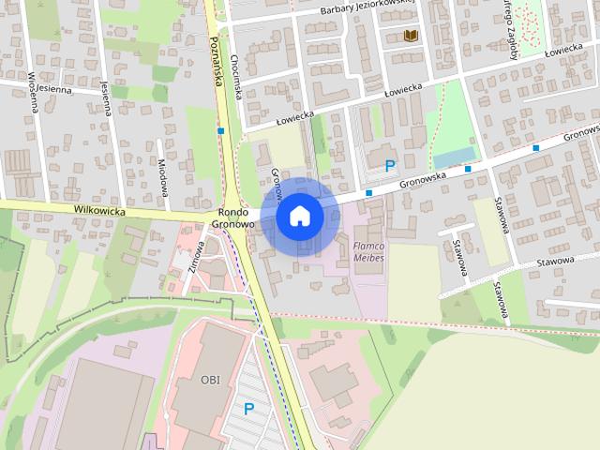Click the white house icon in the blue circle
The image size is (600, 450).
299,217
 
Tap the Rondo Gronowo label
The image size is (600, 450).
233,218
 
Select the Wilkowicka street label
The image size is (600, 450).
99,211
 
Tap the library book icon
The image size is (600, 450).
410,36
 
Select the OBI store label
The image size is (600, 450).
210,379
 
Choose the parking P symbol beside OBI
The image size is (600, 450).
249,409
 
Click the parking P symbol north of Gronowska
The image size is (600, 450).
390,165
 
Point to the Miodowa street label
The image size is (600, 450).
162,173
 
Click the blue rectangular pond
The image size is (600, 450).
454,157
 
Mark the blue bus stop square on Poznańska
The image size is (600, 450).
221,130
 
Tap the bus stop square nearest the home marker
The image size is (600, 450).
369,192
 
